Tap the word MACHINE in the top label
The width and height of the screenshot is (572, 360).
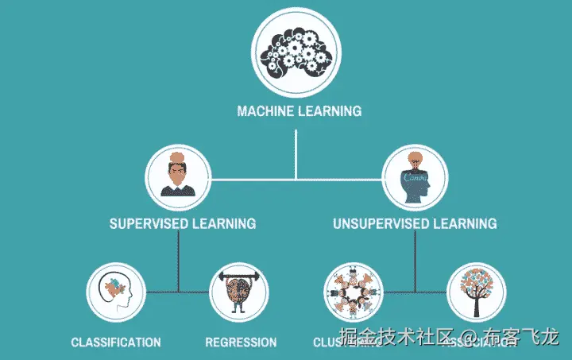[x=265, y=111]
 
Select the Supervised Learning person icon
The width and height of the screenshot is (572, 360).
[x=178, y=176]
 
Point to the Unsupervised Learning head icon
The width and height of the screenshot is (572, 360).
[x=415, y=176]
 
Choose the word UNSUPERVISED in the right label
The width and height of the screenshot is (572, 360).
[x=380, y=223]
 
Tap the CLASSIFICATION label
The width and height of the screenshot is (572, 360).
[x=116, y=343]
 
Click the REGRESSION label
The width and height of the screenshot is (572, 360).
[x=241, y=343]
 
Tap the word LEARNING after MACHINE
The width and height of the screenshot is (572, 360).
[x=329, y=111]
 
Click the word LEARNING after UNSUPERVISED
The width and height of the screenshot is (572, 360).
[x=465, y=223]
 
